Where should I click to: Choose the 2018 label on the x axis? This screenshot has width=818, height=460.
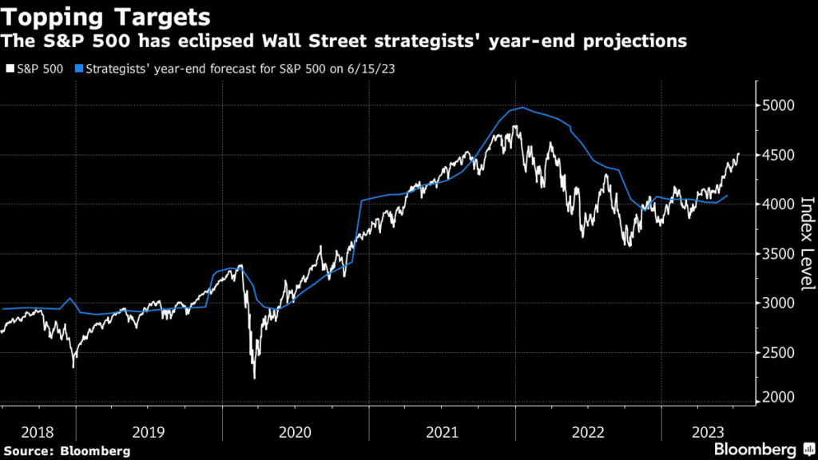point(38,432)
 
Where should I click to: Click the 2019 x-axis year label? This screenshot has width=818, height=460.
point(149,432)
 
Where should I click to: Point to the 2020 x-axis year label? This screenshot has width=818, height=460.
point(296,432)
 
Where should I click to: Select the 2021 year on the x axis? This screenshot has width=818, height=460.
point(443,432)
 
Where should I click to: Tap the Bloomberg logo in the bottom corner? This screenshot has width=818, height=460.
point(755,450)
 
